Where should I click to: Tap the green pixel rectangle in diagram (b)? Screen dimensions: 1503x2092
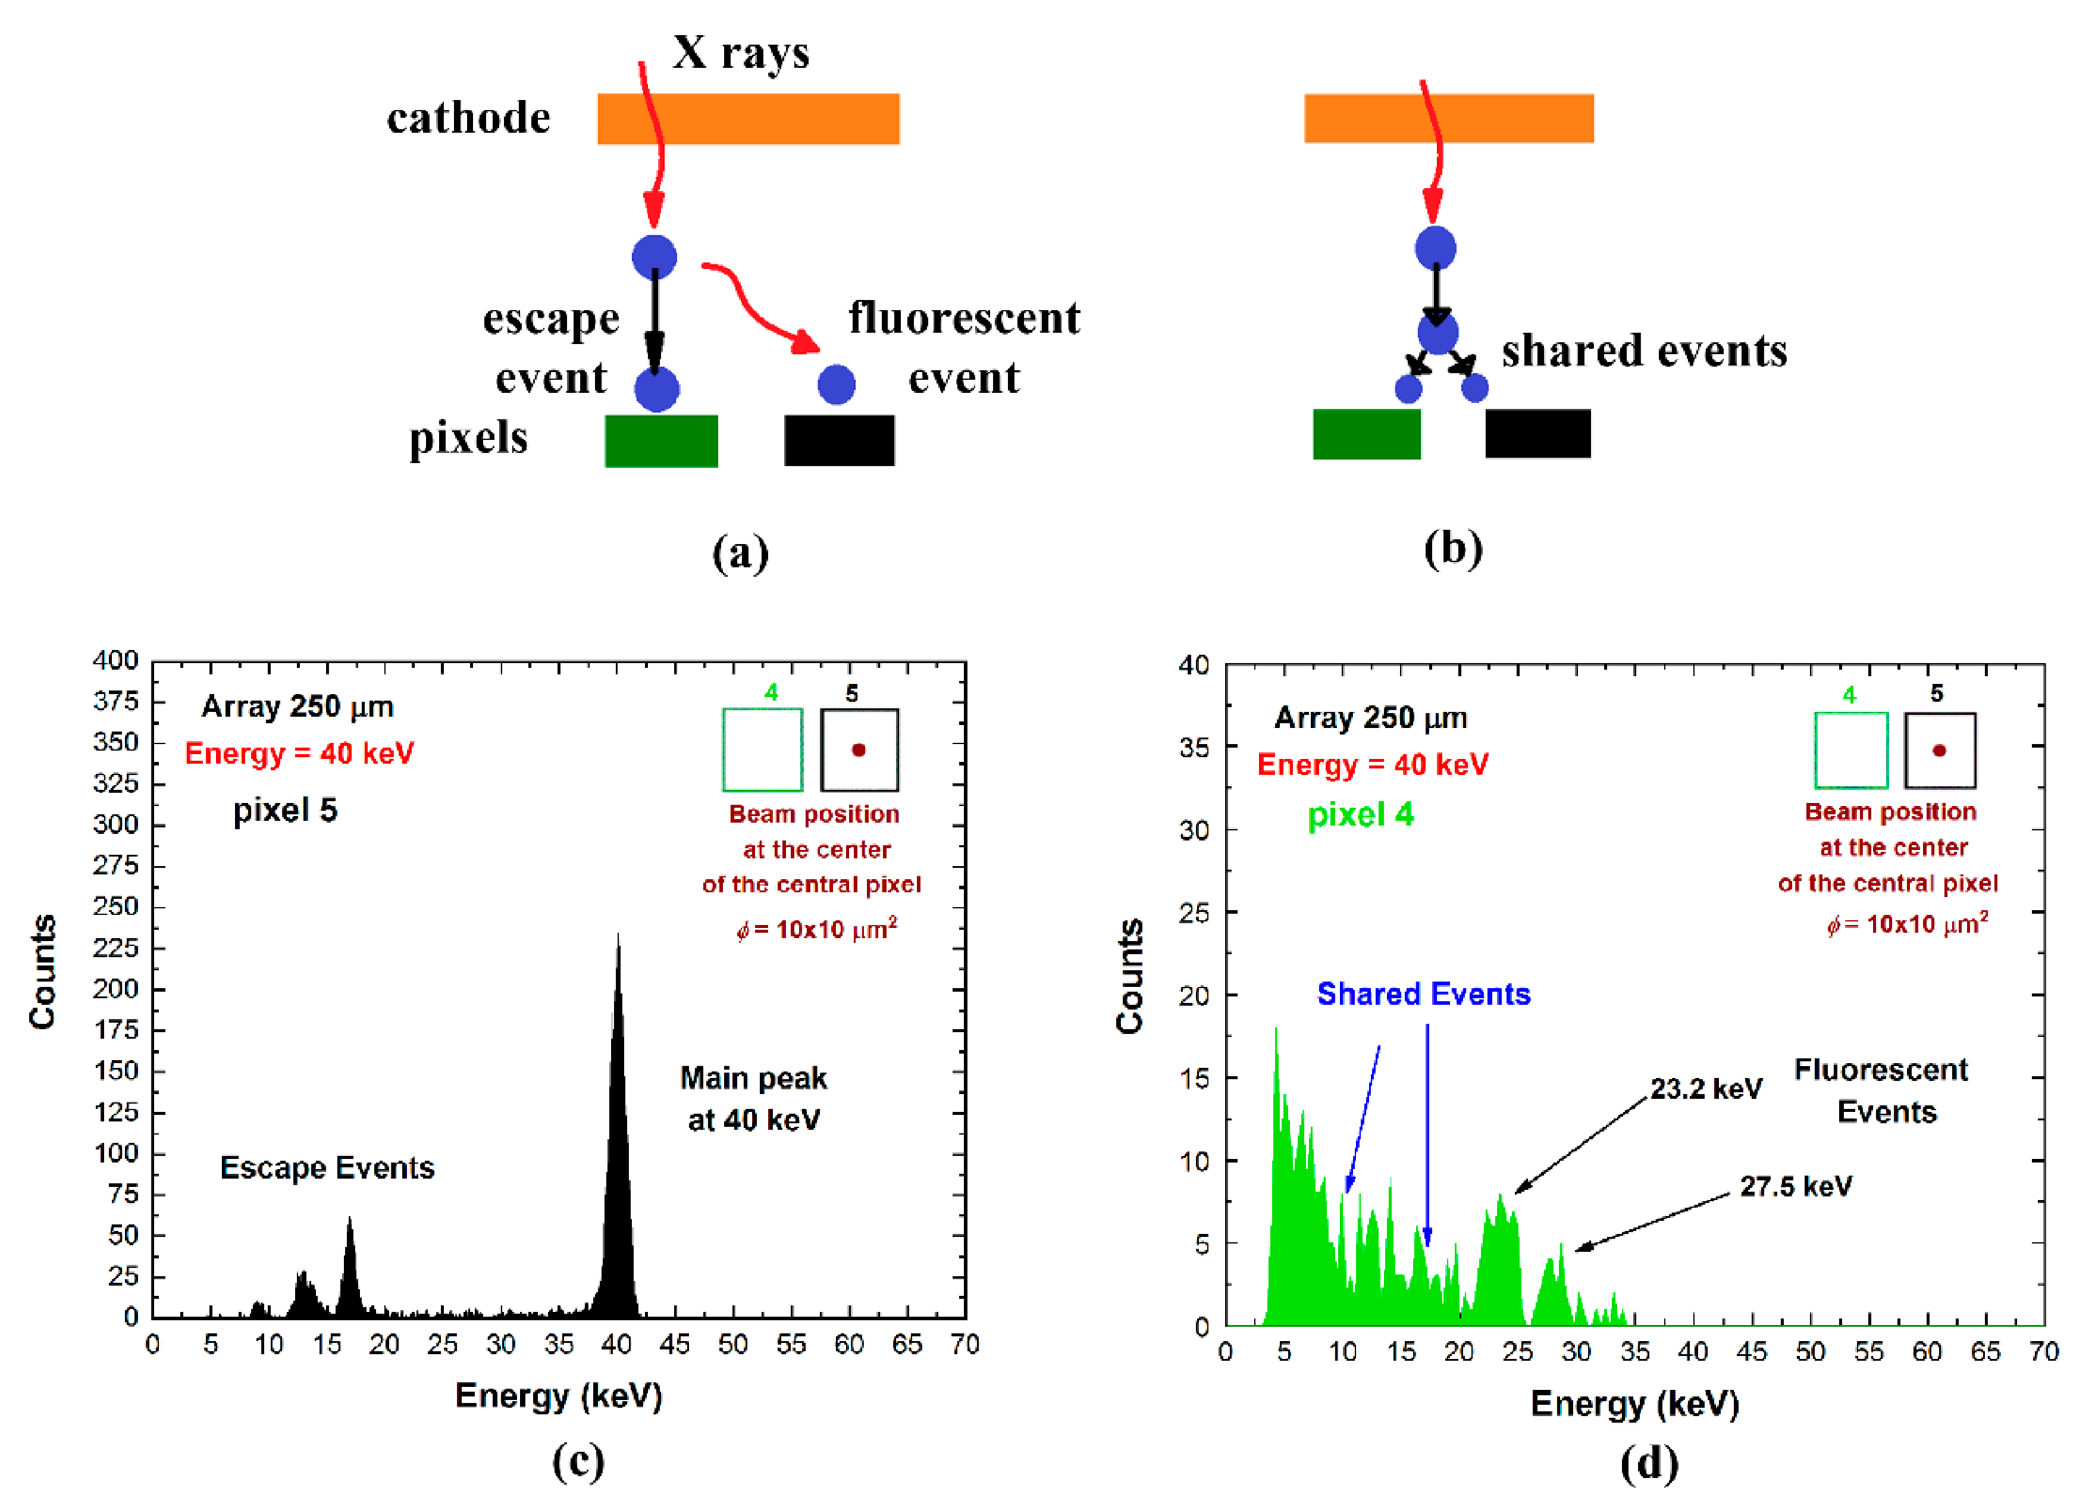1366,434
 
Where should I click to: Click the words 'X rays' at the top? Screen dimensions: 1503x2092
741,52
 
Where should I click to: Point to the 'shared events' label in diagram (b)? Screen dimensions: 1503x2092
1644,351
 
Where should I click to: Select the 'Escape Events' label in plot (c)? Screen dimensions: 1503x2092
327,1168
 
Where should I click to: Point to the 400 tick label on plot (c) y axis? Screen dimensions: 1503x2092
115,661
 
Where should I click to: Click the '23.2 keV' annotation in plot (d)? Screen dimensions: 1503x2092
1705,1089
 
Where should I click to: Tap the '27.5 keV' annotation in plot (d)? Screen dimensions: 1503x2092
1795,1186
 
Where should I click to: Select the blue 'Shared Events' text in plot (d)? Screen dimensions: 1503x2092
1423,993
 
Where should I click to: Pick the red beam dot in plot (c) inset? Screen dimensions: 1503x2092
858,750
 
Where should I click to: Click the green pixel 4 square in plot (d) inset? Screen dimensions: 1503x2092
1850,750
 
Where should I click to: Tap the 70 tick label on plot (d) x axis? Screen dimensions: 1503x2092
2044,1352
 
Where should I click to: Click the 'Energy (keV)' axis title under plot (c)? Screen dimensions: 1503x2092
559,1396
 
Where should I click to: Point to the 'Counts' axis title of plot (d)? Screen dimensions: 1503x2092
1129,976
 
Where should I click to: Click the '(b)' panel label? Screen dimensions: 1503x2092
1453,548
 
